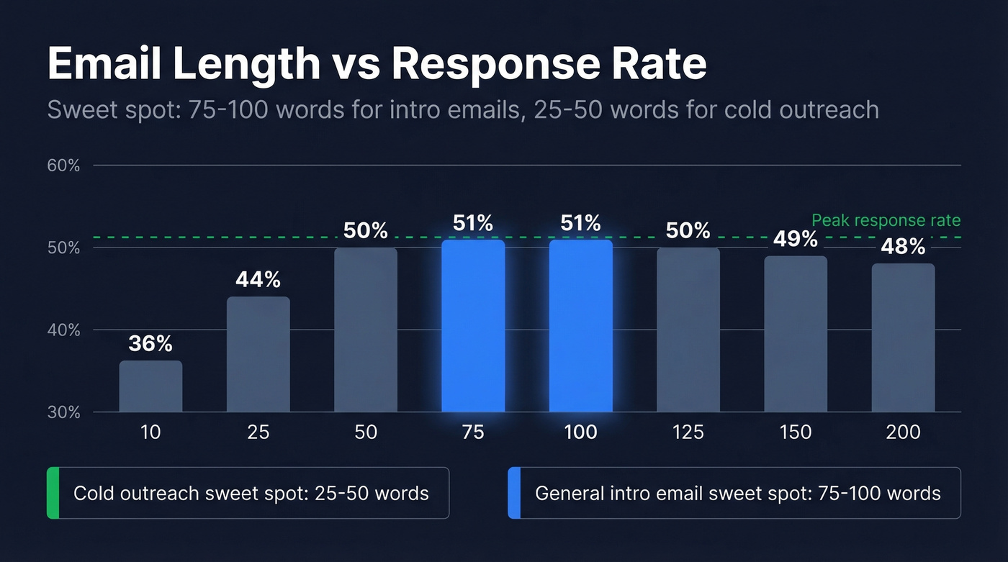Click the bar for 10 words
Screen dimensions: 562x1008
point(150,386)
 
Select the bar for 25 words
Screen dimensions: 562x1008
point(258,355)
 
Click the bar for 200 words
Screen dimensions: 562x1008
point(903,337)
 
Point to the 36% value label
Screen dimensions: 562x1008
point(150,343)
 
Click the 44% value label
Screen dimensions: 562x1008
point(258,279)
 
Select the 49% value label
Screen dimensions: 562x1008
point(796,239)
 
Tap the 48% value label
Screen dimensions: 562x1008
point(903,247)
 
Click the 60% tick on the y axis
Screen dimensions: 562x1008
point(64,166)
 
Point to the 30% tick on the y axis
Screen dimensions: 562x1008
point(64,412)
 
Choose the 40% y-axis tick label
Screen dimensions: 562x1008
point(64,330)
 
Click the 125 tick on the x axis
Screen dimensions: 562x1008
point(688,432)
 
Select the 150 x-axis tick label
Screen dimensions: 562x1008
point(796,432)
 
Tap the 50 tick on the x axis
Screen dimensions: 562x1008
point(366,432)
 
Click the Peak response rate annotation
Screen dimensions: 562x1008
point(886,220)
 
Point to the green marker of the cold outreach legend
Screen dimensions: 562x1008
point(53,493)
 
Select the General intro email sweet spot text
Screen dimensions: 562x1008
point(738,493)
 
